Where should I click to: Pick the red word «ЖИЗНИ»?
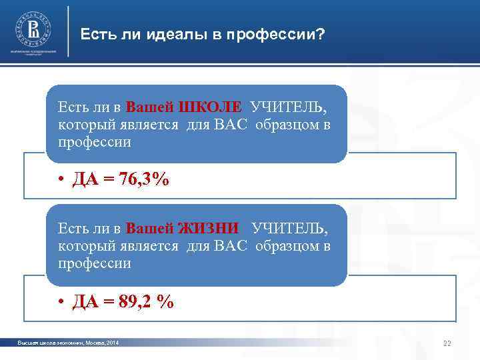coord(211,229)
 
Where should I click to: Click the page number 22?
coord(447,343)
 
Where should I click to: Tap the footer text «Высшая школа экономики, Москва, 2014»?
coord(69,343)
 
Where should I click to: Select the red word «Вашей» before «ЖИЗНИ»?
coord(151,229)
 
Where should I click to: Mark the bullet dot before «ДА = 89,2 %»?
coord(60,302)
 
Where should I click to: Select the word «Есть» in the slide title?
coord(95,33)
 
